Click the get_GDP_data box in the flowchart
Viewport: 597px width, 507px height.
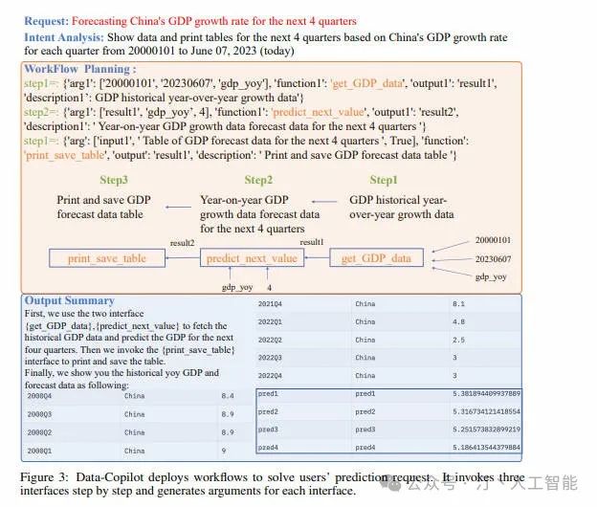376,258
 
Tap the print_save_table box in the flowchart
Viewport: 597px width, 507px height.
107,258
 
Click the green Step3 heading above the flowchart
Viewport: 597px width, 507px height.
114,179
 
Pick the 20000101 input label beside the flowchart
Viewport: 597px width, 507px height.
494,240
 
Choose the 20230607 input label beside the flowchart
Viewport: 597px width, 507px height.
494,258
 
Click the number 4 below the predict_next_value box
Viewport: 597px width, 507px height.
269,286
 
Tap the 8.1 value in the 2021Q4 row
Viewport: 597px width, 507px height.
458,304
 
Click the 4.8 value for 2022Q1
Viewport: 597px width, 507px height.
458,321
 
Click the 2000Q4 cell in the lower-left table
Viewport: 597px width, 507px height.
39,395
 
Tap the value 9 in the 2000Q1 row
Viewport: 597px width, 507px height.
224,450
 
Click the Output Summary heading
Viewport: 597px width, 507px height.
69,300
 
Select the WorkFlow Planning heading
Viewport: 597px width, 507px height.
79,69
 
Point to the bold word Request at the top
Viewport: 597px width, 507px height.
45,20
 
